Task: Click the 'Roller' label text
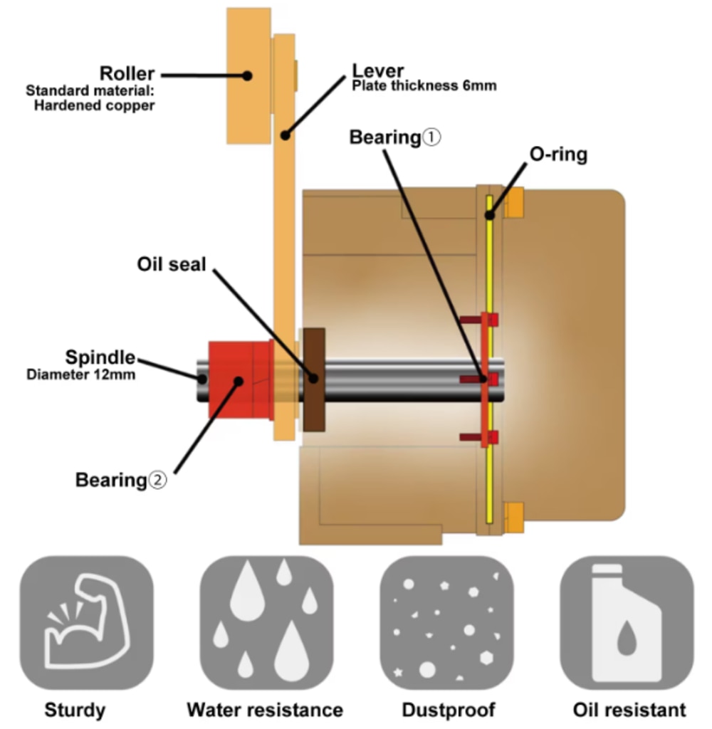(127, 74)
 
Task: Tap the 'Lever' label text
(378, 71)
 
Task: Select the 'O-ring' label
(559, 154)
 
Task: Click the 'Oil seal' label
(172, 265)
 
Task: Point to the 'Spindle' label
(100, 357)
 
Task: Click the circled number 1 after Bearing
(432, 137)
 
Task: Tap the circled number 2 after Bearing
(157, 481)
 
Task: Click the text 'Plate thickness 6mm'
(424, 86)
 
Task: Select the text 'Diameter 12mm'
(80, 374)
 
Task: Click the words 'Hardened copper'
(95, 105)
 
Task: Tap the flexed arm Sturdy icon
(86, 622)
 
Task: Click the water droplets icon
(266, 622)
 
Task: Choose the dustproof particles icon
(446, 622)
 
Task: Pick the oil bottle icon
(627, 622)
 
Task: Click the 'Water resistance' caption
(265, 710)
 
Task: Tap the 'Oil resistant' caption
(629, 710)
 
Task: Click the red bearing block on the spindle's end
(239, 380)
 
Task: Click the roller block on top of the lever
(248, 75)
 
